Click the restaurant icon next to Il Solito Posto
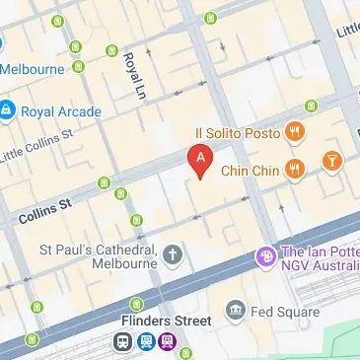click(x=294, y=131)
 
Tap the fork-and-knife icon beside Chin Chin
click(x=294, y=170)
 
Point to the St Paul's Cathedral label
click(x=99, y=256)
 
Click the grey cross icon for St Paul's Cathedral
click(x=173, y=256)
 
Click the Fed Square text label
click(x=286, y=313)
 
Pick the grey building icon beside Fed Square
click(x=235, y=313)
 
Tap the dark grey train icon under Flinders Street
click(x=123, y=342)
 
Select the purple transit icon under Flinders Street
click(x=169, y=342)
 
